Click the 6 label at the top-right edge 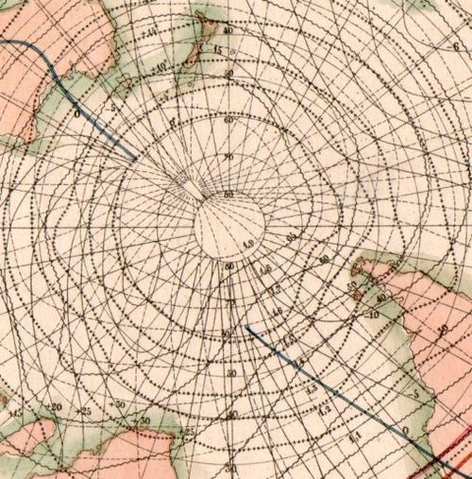(455, 45)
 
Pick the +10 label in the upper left (161, 66)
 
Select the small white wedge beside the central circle (193, 191)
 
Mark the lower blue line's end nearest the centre (246, 327)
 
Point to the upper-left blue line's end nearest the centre (135, 158)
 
